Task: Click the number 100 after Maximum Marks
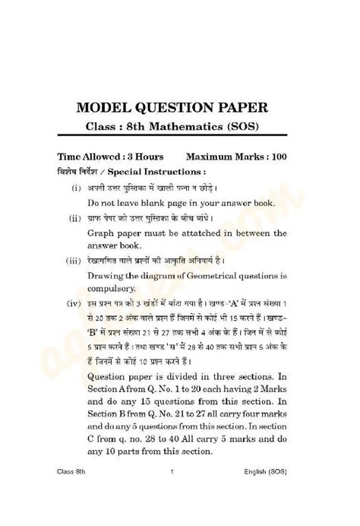click(x=277, y=157)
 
